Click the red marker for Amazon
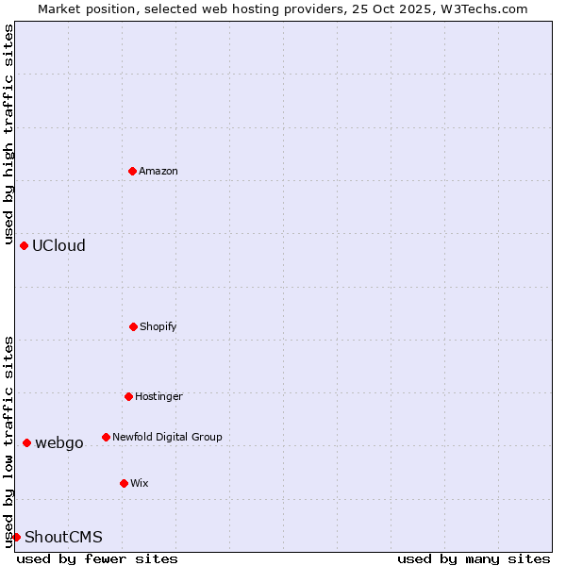point(133,171)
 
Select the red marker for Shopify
point(133,326)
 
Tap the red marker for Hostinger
point(128,396)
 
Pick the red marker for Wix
point(124,483)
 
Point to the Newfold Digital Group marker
point(106,437)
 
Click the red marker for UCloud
point(24,245)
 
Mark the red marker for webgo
point(26,442)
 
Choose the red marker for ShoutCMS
point(16,537)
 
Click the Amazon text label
point(158,171)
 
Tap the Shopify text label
point(158,326)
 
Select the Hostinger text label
point(158,396)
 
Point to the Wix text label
point(140,483)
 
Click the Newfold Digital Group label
point(167,437)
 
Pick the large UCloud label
point(58,245)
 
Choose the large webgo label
point(59,442)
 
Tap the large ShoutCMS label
point(63,537)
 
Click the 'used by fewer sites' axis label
point(97,558)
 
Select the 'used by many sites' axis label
point(474,558)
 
